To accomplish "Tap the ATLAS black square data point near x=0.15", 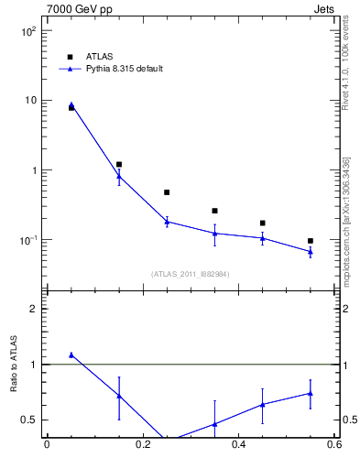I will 119,165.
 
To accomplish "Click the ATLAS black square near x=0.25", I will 167,192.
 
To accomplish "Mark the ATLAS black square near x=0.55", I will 311,241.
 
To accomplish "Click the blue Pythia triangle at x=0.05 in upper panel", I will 71,105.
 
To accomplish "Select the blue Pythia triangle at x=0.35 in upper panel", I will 214,234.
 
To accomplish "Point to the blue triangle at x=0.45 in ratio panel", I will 263,404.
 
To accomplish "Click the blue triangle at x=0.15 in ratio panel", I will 119,396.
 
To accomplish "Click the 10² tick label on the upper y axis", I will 27,30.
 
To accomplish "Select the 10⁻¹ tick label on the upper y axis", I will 27,240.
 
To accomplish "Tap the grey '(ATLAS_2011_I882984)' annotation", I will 190,273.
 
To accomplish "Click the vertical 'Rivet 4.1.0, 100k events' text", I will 345,69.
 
